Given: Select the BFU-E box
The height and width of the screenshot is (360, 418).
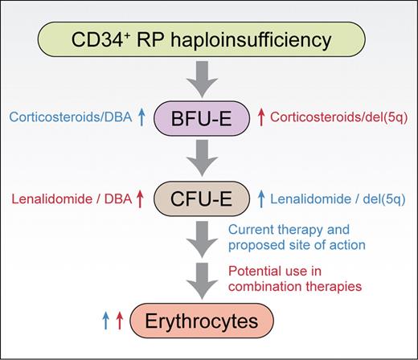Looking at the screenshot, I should [208, 121].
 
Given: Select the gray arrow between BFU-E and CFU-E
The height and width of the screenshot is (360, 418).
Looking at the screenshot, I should [208, 157].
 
